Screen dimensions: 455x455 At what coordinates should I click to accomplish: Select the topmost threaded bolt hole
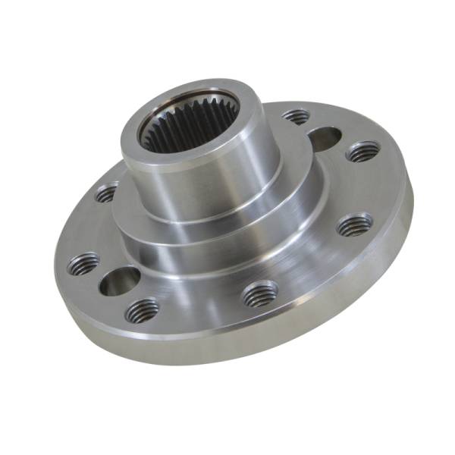tap(296, 117)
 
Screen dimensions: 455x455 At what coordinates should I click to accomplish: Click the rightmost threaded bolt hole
tap(362, 152)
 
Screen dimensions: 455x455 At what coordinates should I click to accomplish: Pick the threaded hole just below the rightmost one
tap(354, 224)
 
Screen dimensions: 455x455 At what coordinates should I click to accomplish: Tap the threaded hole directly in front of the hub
tap(260, 293)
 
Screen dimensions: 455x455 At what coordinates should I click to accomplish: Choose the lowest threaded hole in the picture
tap(142, 309)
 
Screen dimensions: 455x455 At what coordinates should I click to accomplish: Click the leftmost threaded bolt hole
tap(83, 265)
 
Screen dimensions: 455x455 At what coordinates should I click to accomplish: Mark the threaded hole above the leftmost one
tap(106, 193)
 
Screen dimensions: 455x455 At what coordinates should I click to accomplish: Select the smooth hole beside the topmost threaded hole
tap(325, 139)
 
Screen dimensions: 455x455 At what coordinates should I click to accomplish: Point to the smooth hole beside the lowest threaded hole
tap(120, 281)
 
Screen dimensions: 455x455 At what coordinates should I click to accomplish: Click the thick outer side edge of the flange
tap(303, 334)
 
